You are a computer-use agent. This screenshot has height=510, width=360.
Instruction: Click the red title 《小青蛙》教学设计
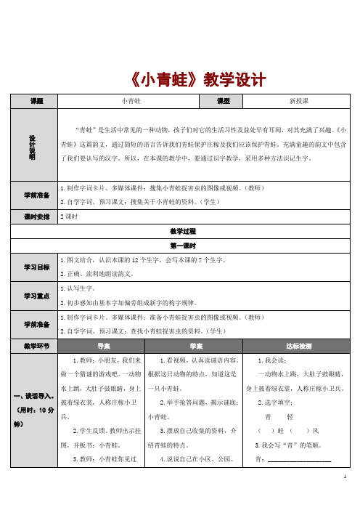pyautogui.click(x=181, y=78)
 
